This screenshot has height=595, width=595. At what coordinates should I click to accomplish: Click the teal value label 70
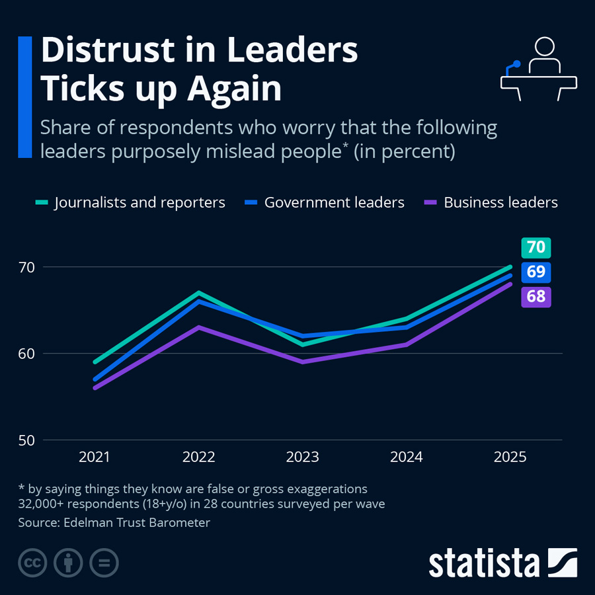[x=535, y=248]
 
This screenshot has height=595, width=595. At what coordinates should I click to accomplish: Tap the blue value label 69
[x=535, y=272]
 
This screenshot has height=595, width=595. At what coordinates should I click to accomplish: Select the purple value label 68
[x=535, y=296]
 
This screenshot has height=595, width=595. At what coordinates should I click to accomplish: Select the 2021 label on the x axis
[x=95, y=457]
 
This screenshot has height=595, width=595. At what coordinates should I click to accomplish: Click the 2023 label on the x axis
[x=303, y=457]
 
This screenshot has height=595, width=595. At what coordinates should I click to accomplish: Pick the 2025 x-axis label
[x=510, y=457]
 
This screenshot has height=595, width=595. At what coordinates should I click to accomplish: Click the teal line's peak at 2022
[x=199, y=293]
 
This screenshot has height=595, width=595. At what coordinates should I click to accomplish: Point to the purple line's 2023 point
[x=303, y=362]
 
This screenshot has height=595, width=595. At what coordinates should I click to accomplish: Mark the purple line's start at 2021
[x=95, y=387]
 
